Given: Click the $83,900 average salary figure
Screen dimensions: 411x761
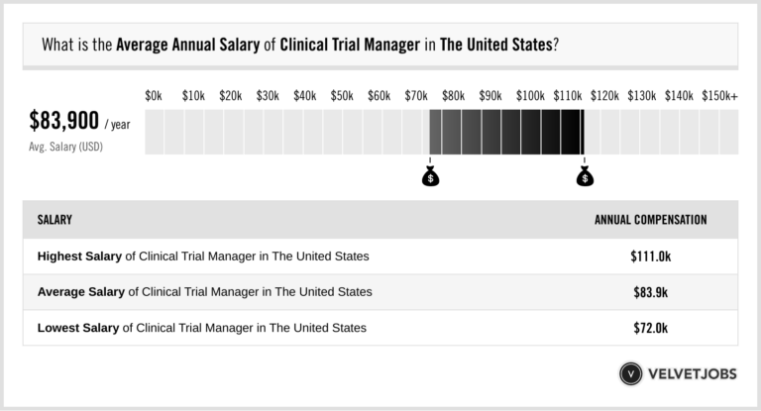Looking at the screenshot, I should [64, 121].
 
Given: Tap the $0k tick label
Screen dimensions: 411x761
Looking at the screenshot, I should [154, 95].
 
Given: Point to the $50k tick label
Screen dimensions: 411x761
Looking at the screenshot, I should [342, 95].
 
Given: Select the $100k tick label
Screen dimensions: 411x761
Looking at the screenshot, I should [529, 95].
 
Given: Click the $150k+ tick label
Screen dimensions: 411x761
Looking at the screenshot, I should [719, 95].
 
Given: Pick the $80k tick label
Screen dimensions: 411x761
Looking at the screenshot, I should [454, 95].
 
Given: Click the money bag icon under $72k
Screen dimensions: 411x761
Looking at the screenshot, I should [430, 177].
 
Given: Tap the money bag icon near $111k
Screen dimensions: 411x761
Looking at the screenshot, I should [585, 177].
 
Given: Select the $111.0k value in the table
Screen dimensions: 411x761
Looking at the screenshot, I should [650, 256].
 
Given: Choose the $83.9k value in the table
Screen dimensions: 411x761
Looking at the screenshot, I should [650, 291].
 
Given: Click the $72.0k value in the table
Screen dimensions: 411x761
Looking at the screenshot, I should [650, 327].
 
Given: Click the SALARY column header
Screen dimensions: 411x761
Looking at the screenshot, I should [54, 220].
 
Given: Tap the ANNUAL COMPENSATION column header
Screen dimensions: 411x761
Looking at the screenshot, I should [650, 220].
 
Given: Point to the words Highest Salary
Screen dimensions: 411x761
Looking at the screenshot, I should [79, 256].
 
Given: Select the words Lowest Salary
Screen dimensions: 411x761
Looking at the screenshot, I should [78, 327].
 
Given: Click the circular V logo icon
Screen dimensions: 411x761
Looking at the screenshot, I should [630, 374].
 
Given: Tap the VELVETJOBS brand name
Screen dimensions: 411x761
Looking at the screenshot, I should [693, 374].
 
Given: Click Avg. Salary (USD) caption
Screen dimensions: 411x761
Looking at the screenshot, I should [66, 147].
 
